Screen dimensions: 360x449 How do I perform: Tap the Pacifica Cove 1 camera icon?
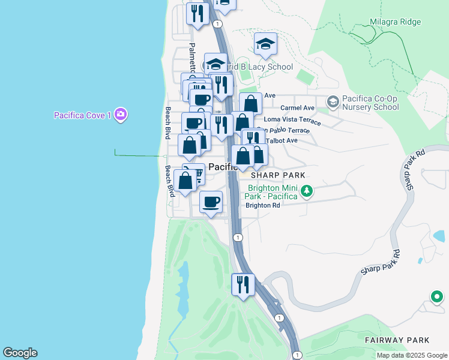[121, 114]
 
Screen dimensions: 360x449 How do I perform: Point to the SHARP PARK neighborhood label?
[278, 175]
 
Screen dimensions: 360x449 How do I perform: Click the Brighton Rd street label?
[263, 205]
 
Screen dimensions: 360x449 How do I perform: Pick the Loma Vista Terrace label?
[292, 120]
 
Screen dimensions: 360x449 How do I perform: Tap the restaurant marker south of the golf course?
[243, 284]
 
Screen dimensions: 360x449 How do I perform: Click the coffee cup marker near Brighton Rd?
[210, 202]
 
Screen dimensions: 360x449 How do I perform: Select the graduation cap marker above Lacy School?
[265, 44]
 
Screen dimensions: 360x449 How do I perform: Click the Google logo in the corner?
[20, 353]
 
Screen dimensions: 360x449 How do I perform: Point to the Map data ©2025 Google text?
[411, 355]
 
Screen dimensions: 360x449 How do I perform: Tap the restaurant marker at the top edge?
[197, 13]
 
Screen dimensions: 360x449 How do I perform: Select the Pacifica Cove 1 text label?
[82, 115]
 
